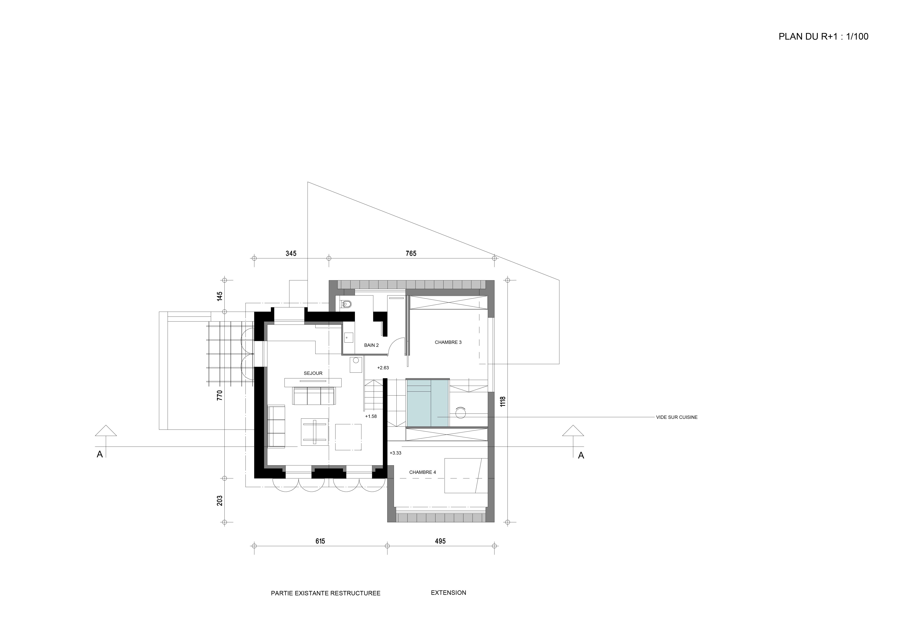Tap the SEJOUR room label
pyautogui.click(x=313, y=373)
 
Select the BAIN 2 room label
pyautogui.click(x=371, y=345)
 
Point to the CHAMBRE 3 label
pyautogui.click(x=448, y=342)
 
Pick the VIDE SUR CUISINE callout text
pyautogui.click(x=677, y=417)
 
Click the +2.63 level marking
pyautogui.click(x=383, y=368)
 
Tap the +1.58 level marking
pyautogui.click(x=371, y=416)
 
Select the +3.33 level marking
pyautogui.click(x=396, y=453)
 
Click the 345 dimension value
pyautogui.click(x=291, y=253)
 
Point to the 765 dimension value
pyautogui.click(x=411, y=253)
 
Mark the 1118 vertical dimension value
pyautogui.click(x=503, y=401)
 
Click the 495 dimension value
pyautogui.click(x=440, y=541)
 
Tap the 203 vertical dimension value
pyautogui.click(x=220, y=500)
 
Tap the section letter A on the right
pyautogui.click(x=581, y=456)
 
